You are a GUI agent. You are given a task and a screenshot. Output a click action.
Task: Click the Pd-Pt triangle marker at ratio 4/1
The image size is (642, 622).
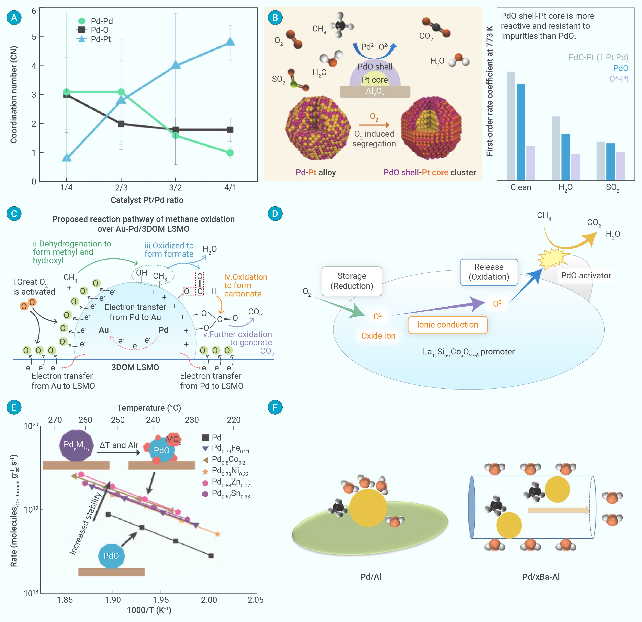tap(230, 42)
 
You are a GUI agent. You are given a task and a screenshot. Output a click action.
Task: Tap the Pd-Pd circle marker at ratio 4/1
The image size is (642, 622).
tap(230, 153)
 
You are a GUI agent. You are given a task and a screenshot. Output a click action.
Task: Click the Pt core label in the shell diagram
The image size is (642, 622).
tap(375, 80)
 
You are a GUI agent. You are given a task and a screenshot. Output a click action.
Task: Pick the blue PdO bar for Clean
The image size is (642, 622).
tap(521, 132)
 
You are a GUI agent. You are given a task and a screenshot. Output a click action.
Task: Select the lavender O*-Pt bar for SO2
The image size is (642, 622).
tap(620, 166)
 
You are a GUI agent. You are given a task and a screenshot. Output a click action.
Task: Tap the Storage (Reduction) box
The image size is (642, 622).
tap(352, 281)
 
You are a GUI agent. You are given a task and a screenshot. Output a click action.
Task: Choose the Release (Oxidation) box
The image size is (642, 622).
tap(489, 272)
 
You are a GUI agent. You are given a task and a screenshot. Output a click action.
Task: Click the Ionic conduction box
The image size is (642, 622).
tap(447, 325)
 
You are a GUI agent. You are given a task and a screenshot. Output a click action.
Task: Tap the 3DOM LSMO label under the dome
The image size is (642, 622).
tap(135, 367)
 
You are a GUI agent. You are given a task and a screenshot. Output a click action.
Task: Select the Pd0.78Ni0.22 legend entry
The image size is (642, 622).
tap(225, 471)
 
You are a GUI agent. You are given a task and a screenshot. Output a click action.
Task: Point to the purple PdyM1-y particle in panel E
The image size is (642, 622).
tap(76, 445)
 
